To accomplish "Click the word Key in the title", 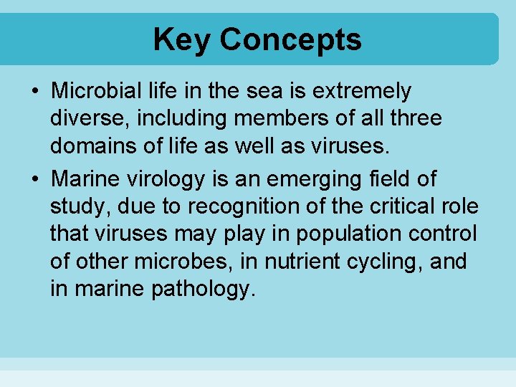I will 182,39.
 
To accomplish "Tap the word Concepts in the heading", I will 290,39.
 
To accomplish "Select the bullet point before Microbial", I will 35,92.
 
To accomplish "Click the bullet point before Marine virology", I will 35,178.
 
